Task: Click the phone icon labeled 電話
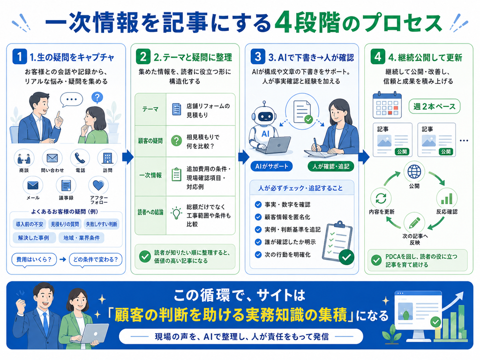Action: click(80, 158)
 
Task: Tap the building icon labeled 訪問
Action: click(107, 158)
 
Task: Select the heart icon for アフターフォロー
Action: click(98, 185)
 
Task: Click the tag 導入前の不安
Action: click(30, 224)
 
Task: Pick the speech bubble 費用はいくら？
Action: click(34, 260)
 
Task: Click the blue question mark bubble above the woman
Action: click(97, 97)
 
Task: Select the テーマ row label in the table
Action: click(150, 109)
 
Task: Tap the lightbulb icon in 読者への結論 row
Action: click(176, 213)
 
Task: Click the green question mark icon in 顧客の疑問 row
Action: click(176, 141)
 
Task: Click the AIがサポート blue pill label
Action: click(271, 166)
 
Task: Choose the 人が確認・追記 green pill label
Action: click(330, 166)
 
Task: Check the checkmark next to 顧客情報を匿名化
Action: click(258, 217)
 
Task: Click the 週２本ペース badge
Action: click(435, 106)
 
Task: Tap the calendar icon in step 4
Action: click(387, 105)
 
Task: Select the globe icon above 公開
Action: click(414, 172)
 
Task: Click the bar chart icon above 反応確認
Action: click(447, 198)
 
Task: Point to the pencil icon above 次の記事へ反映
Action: click(414, 223)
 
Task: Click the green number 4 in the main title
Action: click(283, 23)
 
